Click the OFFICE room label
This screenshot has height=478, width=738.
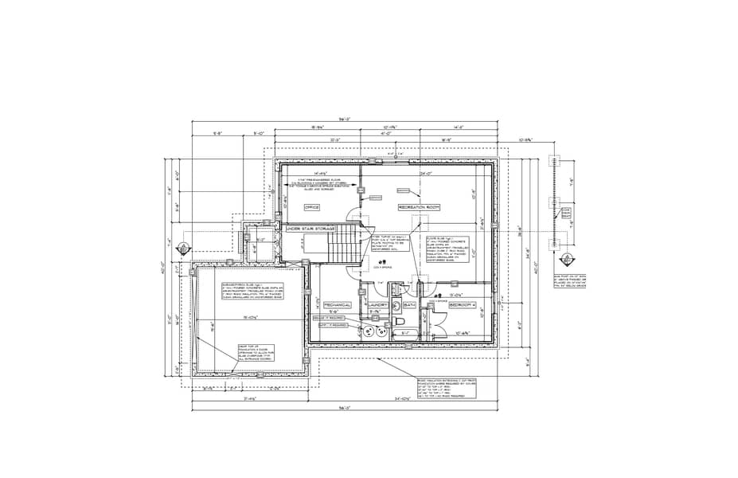[x=312, y=207]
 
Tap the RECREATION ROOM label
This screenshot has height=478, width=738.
[x=420, y=207]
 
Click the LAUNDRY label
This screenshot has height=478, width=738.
[x=378, y=304]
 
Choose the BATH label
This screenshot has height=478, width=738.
[x=410, y=304]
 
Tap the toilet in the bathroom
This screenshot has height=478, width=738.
[x=400, y=321]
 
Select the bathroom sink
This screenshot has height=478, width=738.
[x=396, y=311]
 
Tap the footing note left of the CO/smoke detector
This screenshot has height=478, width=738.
[x=388, y=243]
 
